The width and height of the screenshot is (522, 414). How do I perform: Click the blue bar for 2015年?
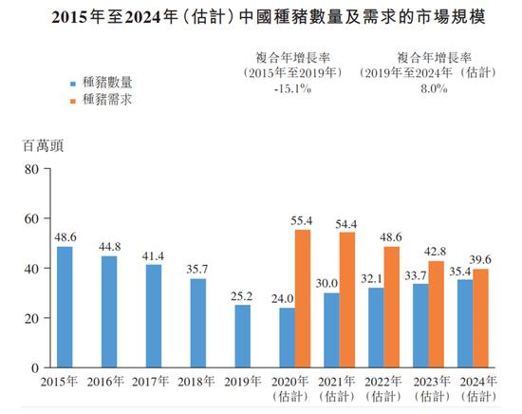tap(65, 307)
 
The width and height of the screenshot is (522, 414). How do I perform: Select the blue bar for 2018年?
tap(197, 323)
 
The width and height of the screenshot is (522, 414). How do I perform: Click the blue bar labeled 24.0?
tap(288, 337)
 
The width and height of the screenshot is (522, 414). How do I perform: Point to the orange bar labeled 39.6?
tap(481, 318)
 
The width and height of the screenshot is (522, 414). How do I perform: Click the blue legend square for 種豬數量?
tap(72, 82)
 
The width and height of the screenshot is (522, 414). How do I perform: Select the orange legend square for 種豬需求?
tap(72, 98)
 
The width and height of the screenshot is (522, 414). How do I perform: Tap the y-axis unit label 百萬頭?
tap(44, 145)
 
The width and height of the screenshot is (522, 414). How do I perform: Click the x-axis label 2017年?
tap(153, 382)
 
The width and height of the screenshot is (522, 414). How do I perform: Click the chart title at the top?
tap(261, 17)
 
